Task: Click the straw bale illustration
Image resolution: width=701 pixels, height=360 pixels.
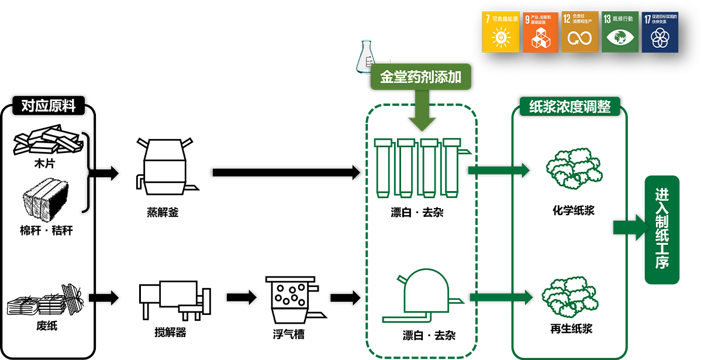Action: coord(46,198)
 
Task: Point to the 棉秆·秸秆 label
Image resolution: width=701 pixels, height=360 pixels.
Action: coord(46,231)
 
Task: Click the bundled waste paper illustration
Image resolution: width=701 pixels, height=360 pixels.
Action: coord(46,301)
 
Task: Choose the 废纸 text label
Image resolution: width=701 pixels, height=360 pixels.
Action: coord(46,326)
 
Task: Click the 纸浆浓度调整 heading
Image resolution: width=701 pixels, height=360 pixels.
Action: coord(569,107)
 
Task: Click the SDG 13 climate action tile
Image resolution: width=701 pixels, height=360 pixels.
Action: coord(620,32)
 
